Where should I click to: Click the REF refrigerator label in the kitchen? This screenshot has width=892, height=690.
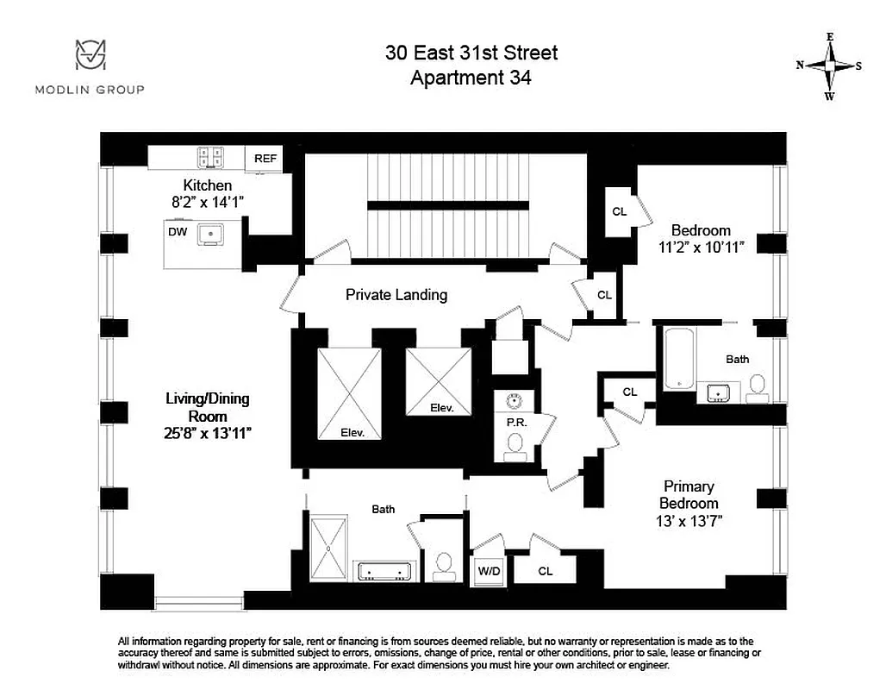(265, 159)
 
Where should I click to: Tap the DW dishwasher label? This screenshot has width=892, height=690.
(178, 232)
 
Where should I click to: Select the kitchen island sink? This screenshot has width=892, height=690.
(210, 233)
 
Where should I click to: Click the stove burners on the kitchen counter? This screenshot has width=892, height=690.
(210, 157)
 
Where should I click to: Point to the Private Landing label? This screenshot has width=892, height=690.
(396, 295)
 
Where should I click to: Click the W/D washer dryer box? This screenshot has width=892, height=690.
(488, 570)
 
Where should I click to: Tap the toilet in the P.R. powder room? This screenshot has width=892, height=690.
(515, 443)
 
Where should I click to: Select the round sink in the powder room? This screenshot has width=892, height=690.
(515, 400)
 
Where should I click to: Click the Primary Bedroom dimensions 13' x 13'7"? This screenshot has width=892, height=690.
(689, 520)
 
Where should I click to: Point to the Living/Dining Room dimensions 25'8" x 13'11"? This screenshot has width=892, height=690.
(209, 433)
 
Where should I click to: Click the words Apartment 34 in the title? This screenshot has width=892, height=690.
(471, 78)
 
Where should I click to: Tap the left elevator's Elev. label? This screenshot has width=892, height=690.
(352, 433)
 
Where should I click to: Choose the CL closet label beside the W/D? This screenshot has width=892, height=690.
(545, 570)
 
